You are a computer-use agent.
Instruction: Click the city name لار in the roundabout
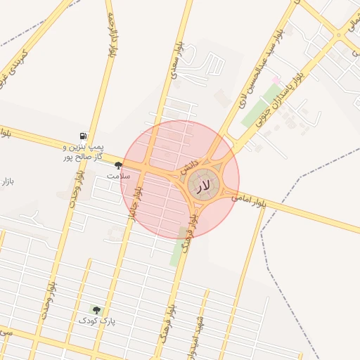pos(202,186)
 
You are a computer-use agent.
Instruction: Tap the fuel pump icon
pos(84,136)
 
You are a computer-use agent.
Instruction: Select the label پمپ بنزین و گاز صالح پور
pos(82,152)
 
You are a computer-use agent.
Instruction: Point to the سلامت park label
pos(118,175)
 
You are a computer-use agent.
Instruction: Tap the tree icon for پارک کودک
pos(96,309)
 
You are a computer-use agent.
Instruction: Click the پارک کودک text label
pos(96,321)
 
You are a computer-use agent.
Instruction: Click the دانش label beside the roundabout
pos(190,167)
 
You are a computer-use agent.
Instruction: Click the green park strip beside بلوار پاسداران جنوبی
pos(259,106)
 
